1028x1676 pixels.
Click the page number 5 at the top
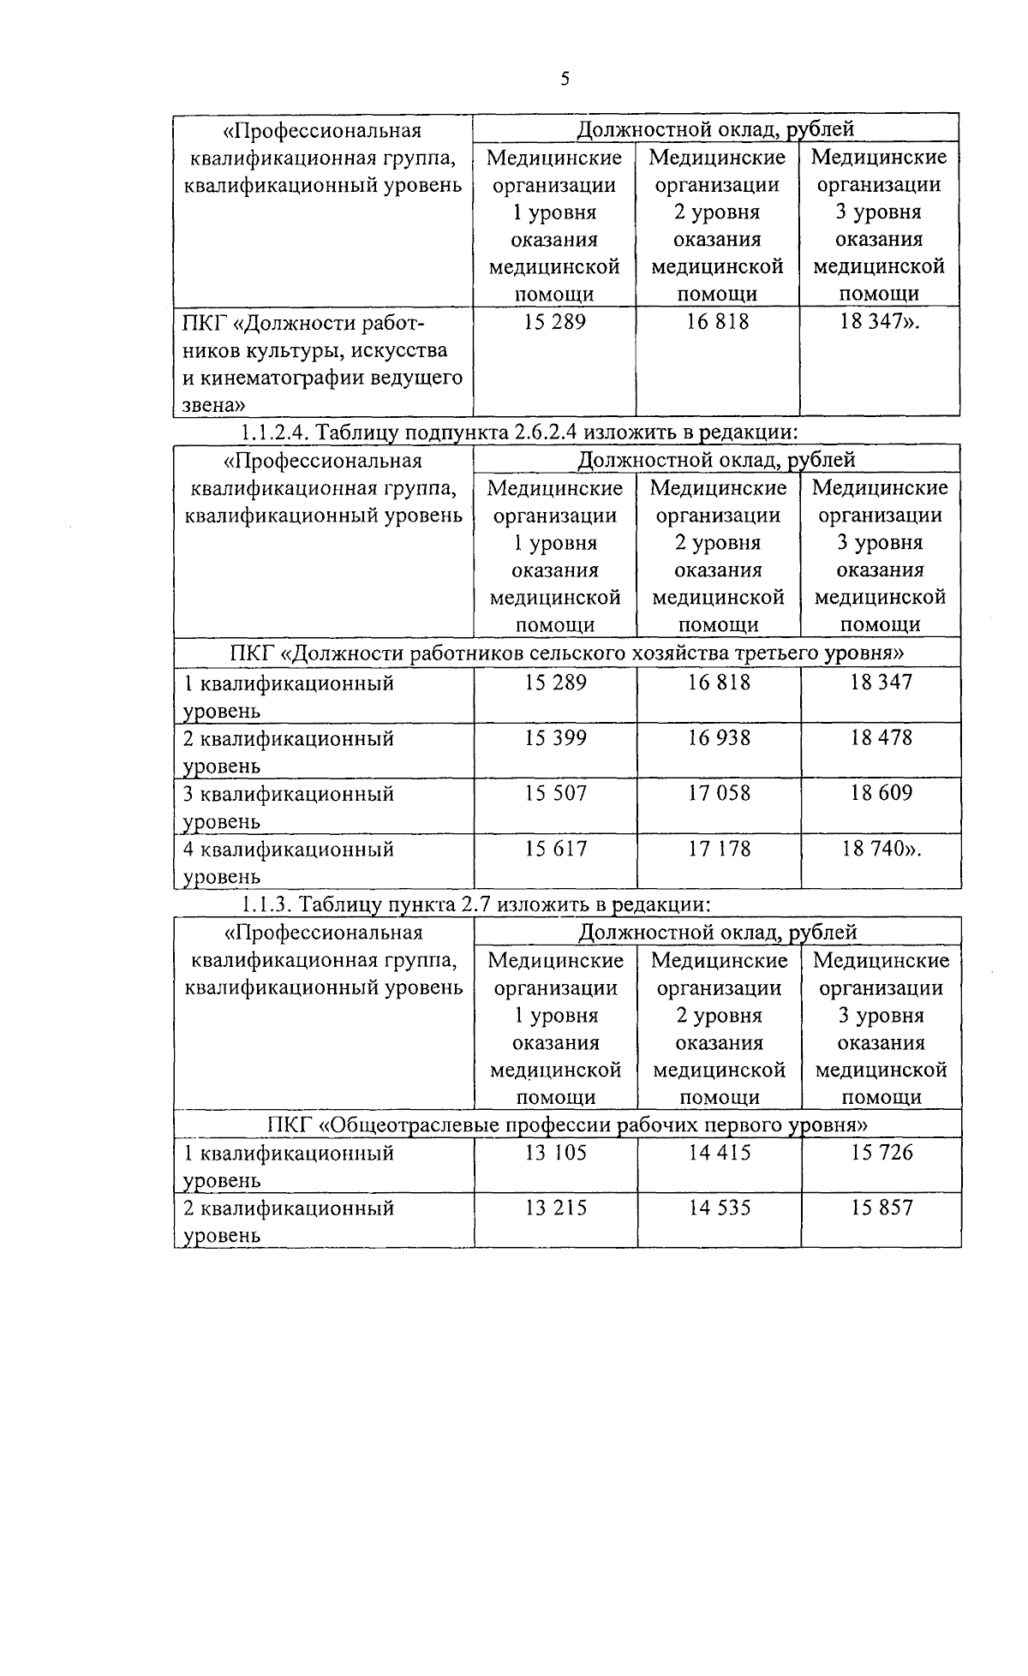(565, 80)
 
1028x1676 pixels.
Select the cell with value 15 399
(556, 738)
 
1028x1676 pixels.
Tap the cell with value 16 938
(719, 738)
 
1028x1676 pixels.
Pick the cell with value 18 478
(881, 738)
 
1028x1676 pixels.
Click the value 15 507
(556, 794)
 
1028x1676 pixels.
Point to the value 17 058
(719, 794)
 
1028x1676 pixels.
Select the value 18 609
(881, 794)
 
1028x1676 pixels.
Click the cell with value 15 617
(556, 850)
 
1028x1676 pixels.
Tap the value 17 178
(719, 850)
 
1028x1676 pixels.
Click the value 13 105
(556, 1154)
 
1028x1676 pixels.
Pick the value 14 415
(719, 1154)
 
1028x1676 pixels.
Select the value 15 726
(882, 1154)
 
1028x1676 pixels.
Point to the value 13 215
(556, 1208)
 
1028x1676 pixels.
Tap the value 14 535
(719, 1208)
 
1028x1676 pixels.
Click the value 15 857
(882, 1208)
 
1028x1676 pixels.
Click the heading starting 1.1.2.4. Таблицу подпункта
(519, 432)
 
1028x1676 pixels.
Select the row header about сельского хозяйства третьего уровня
(567, 654)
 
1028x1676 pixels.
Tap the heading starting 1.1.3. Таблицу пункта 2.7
(476, 904)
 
